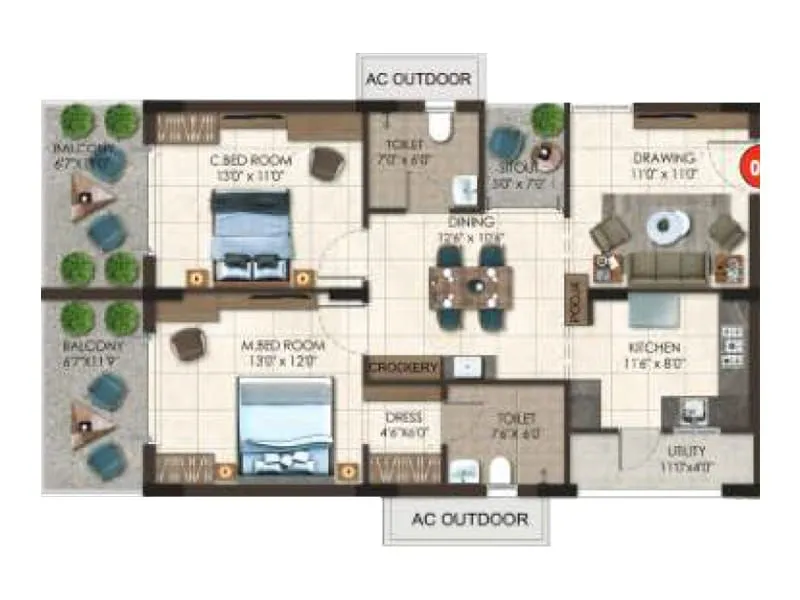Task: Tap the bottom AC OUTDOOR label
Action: [x=470, y=520]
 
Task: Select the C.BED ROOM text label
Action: [x=250, y=160]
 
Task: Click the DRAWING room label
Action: [x=663, y=159]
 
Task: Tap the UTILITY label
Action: [x=687, y=452]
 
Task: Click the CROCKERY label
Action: [x=403, y=368]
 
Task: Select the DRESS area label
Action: [x=403, y=417]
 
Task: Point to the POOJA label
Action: [x=576, y=299]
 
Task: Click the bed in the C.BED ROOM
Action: [x=251, y=236]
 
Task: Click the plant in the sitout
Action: [x=547, y=119]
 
